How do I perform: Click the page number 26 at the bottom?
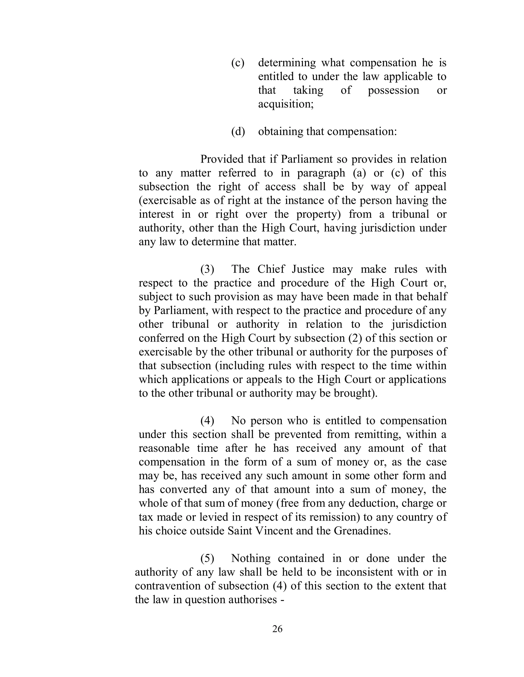(x=277, y=629)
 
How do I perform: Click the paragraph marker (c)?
(x=238, y=63)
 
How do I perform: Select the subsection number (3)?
(x=207, y=269)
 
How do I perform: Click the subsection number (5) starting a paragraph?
(x=207, y=558)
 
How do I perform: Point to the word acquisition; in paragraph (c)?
(x=286, y=104)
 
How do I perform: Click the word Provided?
(x=222, y=159)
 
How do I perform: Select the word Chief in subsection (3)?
(x=271, y=269)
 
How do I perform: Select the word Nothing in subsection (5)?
(x=250, y=558)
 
